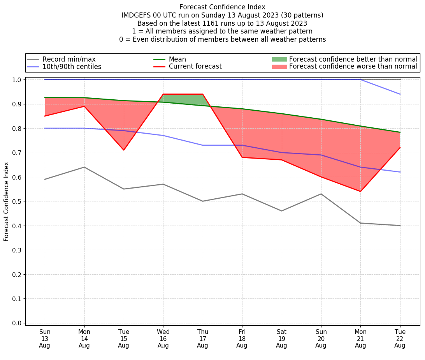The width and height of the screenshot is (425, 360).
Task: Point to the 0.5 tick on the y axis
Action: click(18, 201)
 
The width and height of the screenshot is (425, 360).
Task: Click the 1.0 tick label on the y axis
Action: click(18, 80)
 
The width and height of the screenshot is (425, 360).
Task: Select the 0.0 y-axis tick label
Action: click(18, 323)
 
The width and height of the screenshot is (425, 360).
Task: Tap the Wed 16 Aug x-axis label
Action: click(163, 338)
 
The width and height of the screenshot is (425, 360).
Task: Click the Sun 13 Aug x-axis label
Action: click(45, 338)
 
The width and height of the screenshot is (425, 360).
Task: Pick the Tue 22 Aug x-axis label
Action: click(400, 338)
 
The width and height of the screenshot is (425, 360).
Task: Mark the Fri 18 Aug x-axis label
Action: click(242, 338)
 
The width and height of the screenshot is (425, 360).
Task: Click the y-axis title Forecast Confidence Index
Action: click(6, 201)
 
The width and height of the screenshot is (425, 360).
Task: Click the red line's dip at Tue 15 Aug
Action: click(124, 150)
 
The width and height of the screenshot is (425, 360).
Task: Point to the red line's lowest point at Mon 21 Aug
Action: click(360, 191)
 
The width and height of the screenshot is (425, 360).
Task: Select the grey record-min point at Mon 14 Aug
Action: click(84, 167)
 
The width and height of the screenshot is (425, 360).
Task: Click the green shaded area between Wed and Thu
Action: click(183, 99)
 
